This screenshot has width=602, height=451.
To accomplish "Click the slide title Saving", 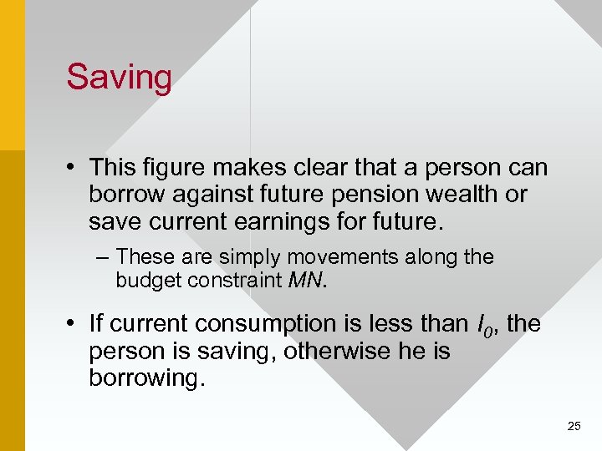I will (119, 78).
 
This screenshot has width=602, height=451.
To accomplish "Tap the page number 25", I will (574, 427).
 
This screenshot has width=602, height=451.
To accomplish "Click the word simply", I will (251, 257).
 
